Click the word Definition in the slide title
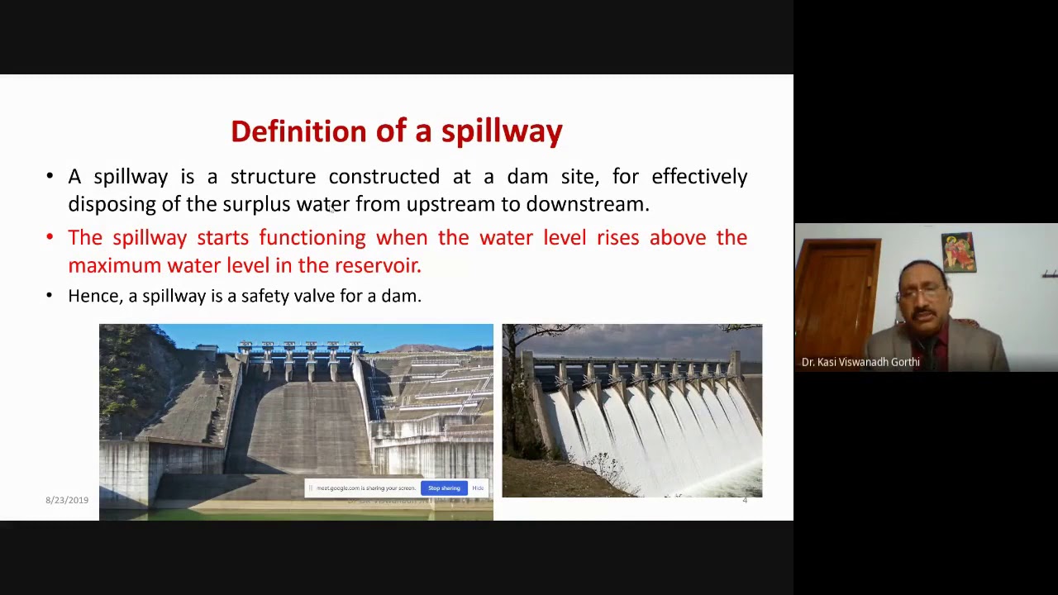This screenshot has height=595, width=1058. coord(298,131)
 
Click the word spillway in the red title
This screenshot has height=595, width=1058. coord(502,131)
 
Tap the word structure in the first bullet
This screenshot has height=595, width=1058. coord(273,177)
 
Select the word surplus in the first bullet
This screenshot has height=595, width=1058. coord(256,204)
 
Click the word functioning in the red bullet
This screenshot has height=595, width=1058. coord(312,238)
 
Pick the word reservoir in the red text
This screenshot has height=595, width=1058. coord(377,265)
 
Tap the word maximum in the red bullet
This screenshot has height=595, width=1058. coord(114,265)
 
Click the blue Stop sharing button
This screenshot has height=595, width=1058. coord(444,488)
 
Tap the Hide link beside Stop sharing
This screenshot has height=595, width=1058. coord(478,488)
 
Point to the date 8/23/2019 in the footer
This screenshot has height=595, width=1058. coord(67,500)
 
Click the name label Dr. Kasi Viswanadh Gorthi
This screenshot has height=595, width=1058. coord(860,362)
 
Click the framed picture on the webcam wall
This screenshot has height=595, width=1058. coord(958,252)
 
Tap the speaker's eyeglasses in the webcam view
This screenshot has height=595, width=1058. coord(920,293)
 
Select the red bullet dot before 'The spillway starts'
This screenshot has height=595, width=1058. coord(50,238)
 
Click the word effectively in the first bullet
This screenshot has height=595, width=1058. coord(699,177)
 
